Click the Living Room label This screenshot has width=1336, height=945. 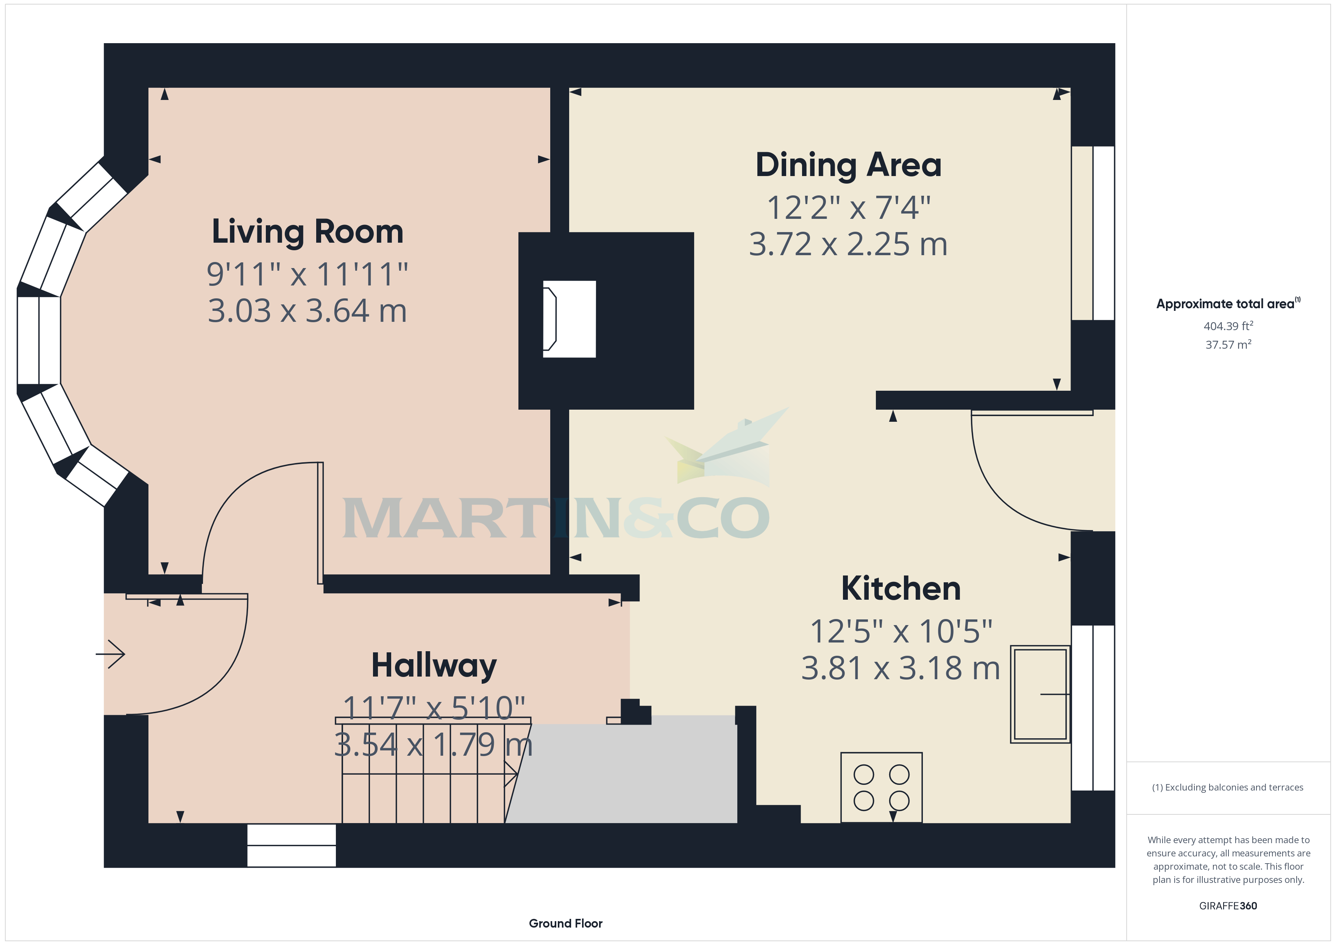307,232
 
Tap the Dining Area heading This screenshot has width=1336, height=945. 848,165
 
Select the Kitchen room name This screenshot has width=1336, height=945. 901,588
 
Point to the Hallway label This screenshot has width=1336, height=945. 434,666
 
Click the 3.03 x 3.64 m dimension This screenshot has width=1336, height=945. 307,311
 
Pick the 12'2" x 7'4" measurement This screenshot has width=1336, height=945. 848,208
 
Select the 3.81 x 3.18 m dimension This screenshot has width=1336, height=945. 901,668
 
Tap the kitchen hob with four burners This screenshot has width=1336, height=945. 882,787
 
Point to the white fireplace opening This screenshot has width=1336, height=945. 569,319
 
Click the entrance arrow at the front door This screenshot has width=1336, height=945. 111,655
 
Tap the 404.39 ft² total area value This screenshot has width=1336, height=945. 1228,326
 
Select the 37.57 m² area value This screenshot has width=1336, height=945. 1228,345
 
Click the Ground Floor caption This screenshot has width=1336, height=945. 566,923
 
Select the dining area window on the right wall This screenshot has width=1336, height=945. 1093,233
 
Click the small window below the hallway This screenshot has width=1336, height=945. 292,845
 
